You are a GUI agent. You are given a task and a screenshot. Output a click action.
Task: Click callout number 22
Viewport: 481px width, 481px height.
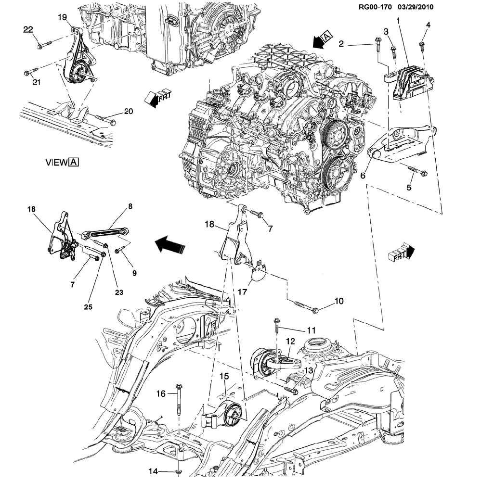[x=28, y=30]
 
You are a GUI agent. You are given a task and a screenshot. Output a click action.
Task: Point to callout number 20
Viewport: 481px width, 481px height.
[x=128, y=111]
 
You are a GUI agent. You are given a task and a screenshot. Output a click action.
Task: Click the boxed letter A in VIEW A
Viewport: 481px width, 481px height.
[x=73, y=163]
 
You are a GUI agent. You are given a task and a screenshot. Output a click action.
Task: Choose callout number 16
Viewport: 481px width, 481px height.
[x=160, y=394]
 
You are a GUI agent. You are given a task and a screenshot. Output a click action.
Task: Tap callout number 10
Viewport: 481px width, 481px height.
[x=338, y=302]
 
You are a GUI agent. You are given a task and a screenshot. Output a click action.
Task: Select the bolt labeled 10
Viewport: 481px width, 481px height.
[x=306, y=306]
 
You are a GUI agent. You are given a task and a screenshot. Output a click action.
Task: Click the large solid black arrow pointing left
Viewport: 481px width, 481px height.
[x=168, y=246]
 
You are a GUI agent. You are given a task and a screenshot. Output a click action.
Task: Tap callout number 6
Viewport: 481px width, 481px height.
[x=363, y=177]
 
